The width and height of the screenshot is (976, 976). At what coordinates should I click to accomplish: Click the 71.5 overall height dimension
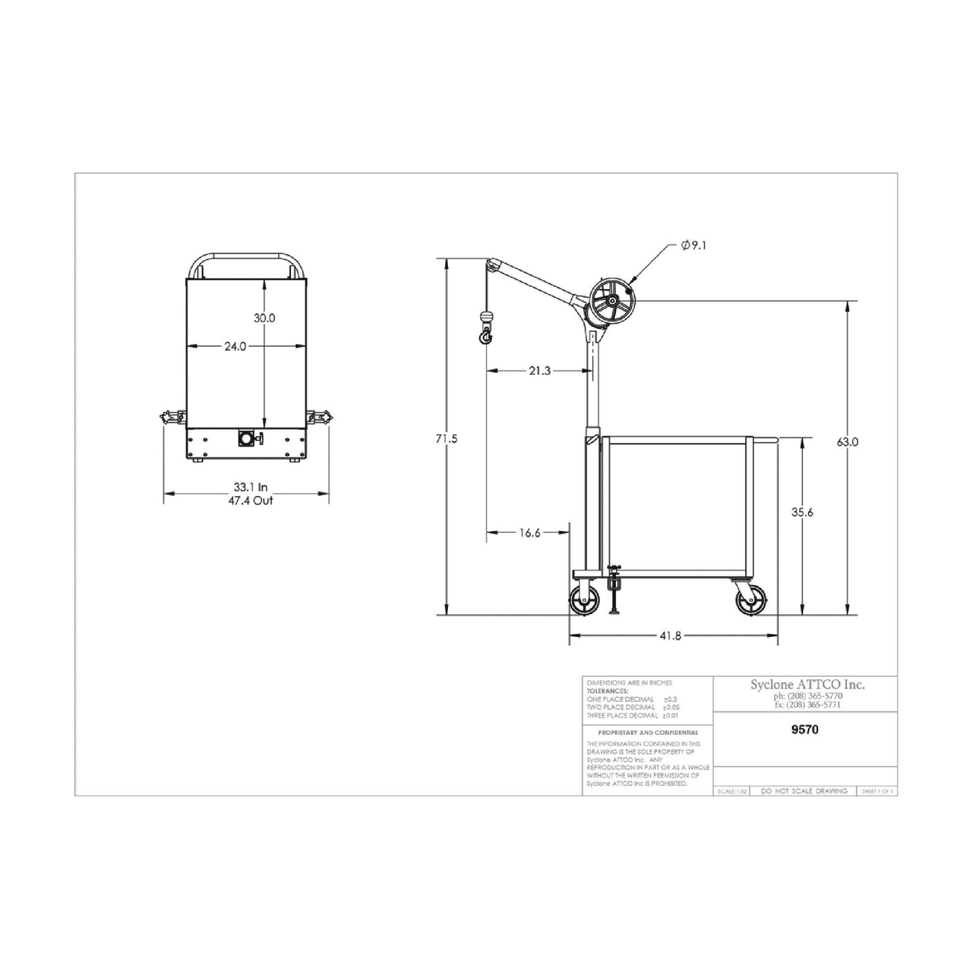[x=446, y=439]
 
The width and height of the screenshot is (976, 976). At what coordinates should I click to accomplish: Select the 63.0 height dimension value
[x=847, y=442]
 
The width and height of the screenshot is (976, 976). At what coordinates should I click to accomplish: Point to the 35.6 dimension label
[x=802, y=513]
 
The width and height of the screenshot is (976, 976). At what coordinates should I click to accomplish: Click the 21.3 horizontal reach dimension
[x=540, y=371]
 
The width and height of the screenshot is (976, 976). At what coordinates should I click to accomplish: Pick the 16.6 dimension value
[x=530, y=533]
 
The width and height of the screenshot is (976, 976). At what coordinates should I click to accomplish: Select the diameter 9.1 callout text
[x=694, y=247]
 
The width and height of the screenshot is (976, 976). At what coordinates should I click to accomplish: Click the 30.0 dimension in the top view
[x=264, y=318]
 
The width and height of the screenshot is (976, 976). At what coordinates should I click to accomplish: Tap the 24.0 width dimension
[x=235, y=346]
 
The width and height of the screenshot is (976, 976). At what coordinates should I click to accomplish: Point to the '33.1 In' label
[x=251, y=486]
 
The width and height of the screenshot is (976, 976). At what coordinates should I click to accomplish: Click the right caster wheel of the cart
[x=751, y=599]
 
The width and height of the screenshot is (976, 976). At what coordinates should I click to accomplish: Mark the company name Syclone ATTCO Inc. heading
[x=807, y=685]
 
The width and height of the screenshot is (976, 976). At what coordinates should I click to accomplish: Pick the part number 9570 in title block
[x=804, y=729]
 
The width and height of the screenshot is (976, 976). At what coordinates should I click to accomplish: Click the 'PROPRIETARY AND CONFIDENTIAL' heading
[x=648, y=733]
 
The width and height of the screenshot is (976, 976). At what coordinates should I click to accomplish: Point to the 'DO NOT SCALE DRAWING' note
[x=804, y=791]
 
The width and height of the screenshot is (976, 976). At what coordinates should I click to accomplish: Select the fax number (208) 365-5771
[x=807, y=705]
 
